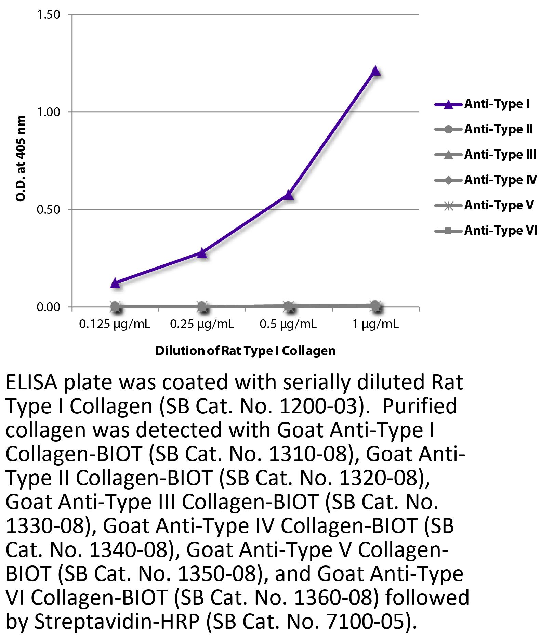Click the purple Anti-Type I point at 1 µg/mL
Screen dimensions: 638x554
point(375,71)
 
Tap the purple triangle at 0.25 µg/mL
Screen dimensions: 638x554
point(202,253)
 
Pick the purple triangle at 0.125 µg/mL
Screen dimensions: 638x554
point(116,283)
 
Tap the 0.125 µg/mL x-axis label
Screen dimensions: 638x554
point(115,324)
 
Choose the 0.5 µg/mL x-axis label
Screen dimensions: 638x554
point(288,324)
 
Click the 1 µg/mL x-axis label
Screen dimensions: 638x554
point(375,324)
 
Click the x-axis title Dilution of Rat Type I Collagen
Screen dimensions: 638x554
point(245,351)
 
